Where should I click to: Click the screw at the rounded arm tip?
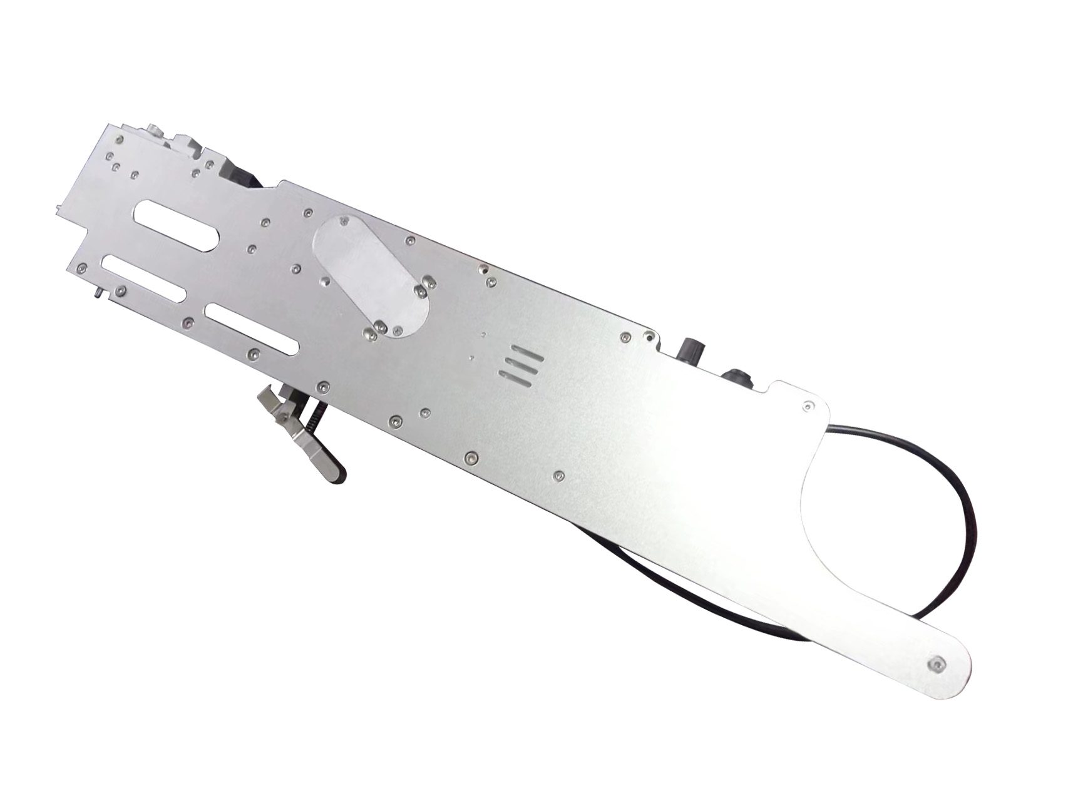click(937, 665)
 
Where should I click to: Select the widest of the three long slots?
click(177, 225)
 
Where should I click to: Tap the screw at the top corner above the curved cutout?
click(807, 407)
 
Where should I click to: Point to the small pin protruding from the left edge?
click(98, 292)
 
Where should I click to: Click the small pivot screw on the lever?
click(285, 415)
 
